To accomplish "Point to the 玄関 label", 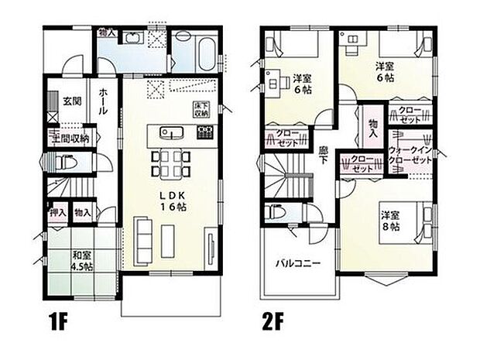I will point(72,101).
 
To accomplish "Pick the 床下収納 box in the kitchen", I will point(201,108).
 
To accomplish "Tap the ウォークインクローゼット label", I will point(411,153).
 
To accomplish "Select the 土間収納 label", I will point(71,139).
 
